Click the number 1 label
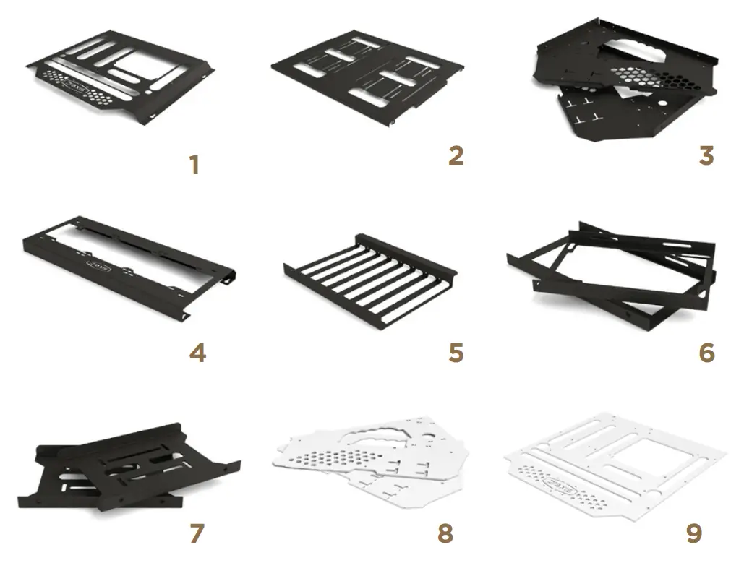point(194,166)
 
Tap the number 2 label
point(456,155)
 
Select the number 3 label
point(706,155)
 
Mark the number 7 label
point(196,533)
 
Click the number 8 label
point(445,533)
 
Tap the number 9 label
point(693,533)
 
